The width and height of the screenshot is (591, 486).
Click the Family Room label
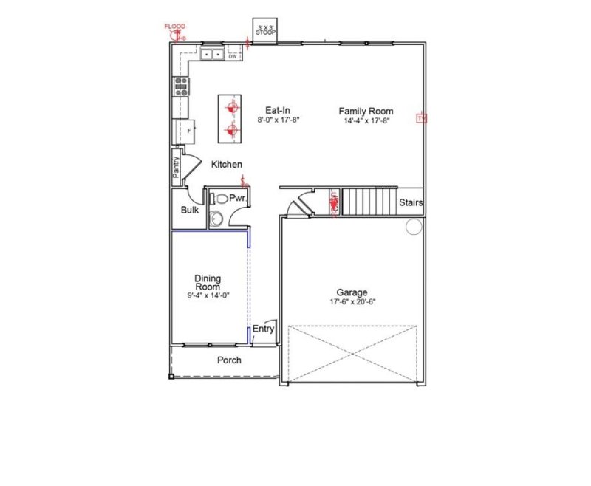(366, 112)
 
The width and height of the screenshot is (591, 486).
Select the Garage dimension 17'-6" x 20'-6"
(352, 302)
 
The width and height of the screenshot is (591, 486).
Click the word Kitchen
(227, 164)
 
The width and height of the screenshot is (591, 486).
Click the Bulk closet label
(190, 211)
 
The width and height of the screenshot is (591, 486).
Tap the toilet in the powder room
(218, 199)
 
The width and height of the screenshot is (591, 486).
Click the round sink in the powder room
(216, 218)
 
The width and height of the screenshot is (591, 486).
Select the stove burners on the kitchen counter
(180, 88)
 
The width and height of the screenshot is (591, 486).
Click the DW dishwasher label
(232, 56)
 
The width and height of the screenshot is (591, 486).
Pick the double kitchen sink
(213, 54)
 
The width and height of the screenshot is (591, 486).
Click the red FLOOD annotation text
(175, 26)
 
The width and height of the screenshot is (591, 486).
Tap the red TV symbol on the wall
(422, 118)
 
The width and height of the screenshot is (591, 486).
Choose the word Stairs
(410, 202)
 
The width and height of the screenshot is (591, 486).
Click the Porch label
(229, 360)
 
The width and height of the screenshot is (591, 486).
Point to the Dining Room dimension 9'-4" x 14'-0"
(208, 295)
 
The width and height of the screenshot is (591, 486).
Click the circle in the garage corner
(413, 226)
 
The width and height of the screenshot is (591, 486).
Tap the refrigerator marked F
(188, 131)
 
